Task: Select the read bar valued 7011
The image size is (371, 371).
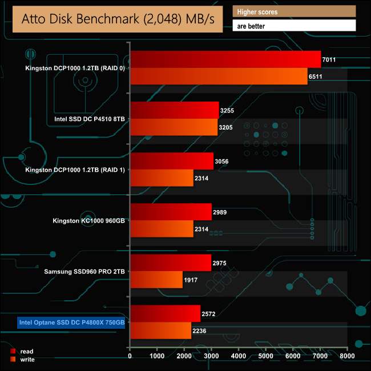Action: tap(225, 59)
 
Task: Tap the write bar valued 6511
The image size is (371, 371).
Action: tap(219, 76)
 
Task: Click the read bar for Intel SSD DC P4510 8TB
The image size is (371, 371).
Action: tap(175, 110)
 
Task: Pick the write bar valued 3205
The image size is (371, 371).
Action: tap(174, 127)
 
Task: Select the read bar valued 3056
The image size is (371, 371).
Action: tap(172, 161)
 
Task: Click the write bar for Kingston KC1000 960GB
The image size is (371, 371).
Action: tap(162, 229)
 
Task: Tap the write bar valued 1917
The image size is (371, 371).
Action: tap(156, 280)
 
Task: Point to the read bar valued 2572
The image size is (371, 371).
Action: tap(166, 313)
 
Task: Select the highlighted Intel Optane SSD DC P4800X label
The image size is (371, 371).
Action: tap(71, 323)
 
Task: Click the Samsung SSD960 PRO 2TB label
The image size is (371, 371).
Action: tap(84, 272)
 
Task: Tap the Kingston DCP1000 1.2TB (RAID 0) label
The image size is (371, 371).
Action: tap(75, 68)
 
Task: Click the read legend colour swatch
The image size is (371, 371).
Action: tap(13, 352)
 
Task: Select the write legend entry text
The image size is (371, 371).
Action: tap(27, 360)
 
